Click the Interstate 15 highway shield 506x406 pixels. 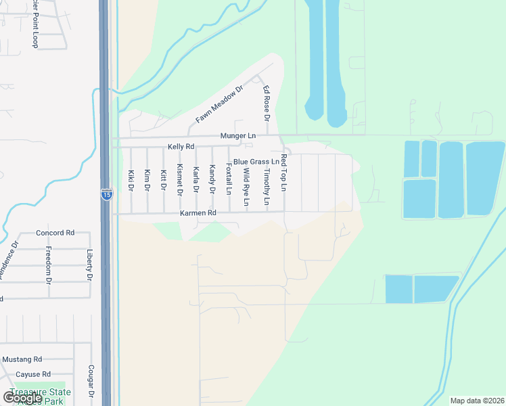(106, 194)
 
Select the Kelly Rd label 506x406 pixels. (181, 147)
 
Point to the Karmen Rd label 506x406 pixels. (198, 213)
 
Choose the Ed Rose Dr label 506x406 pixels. (267, 104)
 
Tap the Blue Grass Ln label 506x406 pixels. (256, 162)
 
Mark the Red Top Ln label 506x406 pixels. (284, 172)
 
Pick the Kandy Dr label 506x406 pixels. (212, 179)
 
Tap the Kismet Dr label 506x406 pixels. (179, 179)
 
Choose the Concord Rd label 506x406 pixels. (55, 233)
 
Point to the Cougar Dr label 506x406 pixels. (91, 382)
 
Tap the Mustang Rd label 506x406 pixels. (22, 359)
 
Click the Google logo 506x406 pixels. (22, 397)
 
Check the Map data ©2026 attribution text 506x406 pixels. (476, 401)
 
